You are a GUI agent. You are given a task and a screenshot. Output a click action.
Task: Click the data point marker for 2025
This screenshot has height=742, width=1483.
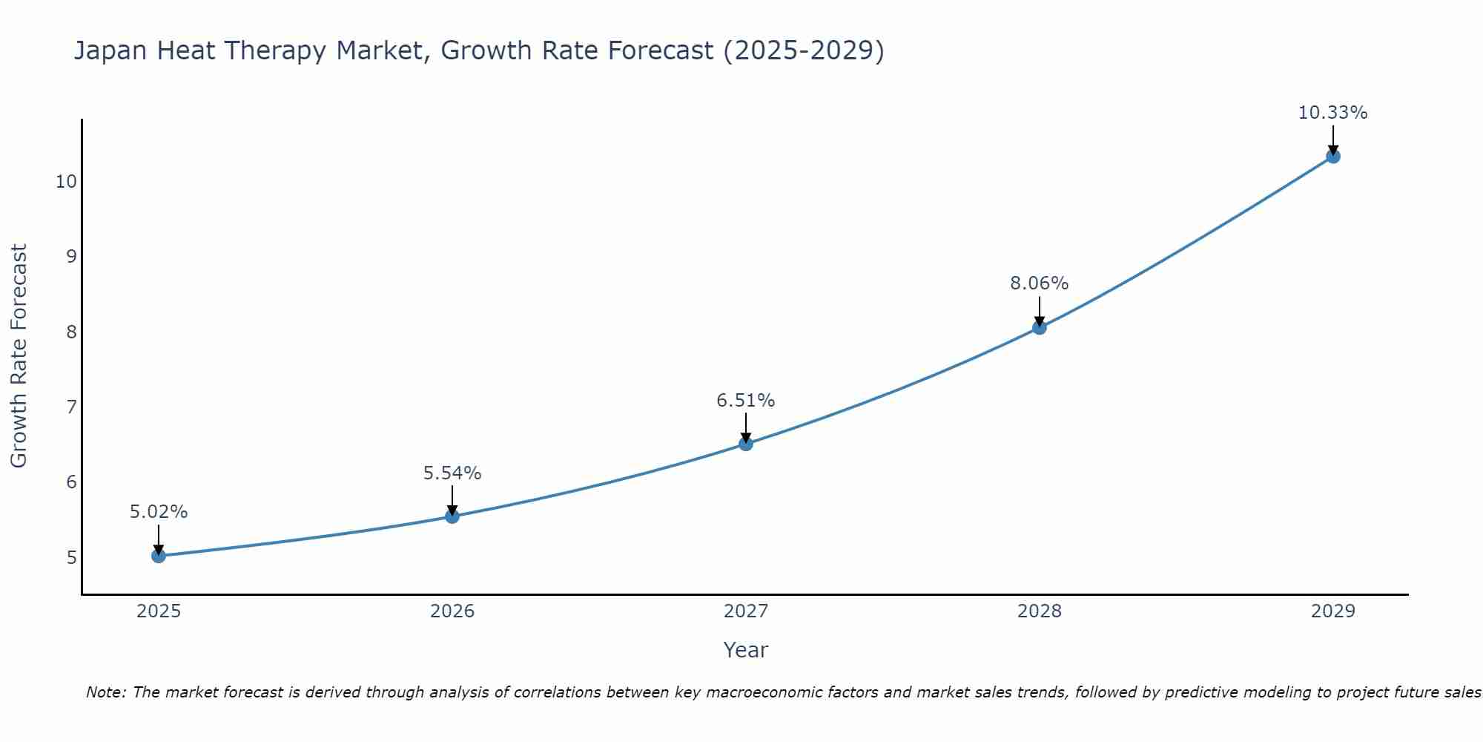coord(159,556)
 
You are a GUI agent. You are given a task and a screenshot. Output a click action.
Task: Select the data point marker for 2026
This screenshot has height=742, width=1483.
coord(452,516)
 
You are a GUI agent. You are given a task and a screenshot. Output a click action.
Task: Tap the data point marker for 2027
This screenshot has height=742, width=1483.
coord(746,444)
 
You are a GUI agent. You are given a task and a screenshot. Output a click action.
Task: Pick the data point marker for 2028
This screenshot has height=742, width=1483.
coord(1040,327)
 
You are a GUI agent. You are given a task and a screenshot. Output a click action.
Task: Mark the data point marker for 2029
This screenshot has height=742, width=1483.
coord(1333,157)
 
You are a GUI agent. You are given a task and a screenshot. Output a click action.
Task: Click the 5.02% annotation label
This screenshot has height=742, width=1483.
coord(159,512)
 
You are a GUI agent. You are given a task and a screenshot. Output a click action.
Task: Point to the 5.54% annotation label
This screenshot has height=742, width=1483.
coord(452,473)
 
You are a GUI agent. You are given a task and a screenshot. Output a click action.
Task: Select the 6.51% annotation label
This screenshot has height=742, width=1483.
coord(746,401)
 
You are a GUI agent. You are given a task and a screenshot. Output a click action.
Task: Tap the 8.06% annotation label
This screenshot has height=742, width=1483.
coord(1040,283)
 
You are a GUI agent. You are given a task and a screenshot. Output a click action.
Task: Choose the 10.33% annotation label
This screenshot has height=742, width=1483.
coord(1332,113)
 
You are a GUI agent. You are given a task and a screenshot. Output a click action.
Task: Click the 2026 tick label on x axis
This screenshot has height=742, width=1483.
coord(452,611)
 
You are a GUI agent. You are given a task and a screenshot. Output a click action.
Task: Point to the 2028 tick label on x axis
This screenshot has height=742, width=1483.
coord(1040,611)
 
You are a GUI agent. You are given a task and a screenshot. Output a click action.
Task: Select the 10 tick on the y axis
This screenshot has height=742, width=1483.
coord(66,182)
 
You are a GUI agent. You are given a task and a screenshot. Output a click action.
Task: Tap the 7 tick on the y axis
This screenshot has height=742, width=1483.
coord(71,407)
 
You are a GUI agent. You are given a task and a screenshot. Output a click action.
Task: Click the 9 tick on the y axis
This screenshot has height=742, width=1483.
coord(71,257)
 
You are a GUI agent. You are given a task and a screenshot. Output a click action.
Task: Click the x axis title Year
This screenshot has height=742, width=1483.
coord(746,650)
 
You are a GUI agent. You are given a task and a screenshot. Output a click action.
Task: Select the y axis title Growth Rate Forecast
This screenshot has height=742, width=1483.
coord(19,355)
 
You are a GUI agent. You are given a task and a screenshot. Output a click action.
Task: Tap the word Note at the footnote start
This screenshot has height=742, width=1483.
coord(106,692)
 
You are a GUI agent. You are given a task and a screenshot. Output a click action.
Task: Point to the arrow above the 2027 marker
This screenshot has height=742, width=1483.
coord(746,428)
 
